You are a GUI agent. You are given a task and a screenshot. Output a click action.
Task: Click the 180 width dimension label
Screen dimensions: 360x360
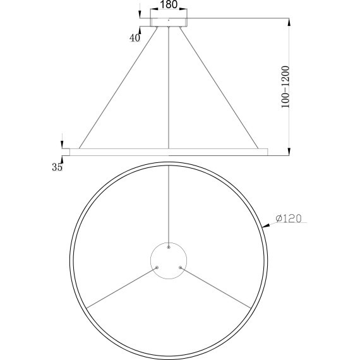point(169,4)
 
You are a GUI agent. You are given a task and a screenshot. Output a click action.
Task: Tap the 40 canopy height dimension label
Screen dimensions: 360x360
point(134,38)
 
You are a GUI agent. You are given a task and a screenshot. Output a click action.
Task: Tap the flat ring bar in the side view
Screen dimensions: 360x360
point(169,151)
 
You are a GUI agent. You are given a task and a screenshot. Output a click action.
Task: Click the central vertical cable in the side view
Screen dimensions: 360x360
point(169,88)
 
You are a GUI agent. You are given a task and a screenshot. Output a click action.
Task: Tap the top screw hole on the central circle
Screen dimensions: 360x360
point(169,248)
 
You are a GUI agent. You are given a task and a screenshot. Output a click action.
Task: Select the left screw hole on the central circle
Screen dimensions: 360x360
point(157,268)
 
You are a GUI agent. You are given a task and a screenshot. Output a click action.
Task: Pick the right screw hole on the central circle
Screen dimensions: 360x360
point(180,268)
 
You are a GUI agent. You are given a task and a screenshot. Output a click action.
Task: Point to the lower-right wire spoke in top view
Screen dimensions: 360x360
point(216,287)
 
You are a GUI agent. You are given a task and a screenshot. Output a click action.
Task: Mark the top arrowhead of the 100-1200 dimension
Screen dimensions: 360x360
point(289,22)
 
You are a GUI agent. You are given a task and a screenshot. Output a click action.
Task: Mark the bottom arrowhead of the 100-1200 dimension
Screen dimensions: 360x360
point(289,150)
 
